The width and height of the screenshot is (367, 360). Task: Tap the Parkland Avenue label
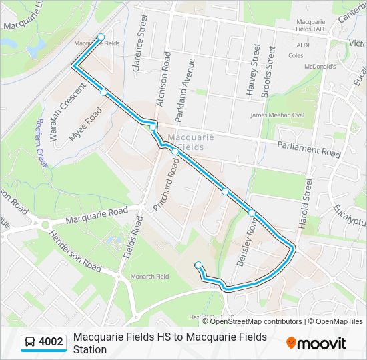[x=185, y=89]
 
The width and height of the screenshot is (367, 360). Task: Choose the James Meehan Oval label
[x=277, y=115]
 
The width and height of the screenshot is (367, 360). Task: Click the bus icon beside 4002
[x=30, y=342]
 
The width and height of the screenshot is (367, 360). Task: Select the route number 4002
[x=51, y=342]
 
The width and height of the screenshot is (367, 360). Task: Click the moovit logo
[x=316, y=343]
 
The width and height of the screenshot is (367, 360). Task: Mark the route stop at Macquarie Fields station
[x=101, y=37]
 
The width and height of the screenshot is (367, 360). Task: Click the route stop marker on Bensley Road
[x=252, y=213]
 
